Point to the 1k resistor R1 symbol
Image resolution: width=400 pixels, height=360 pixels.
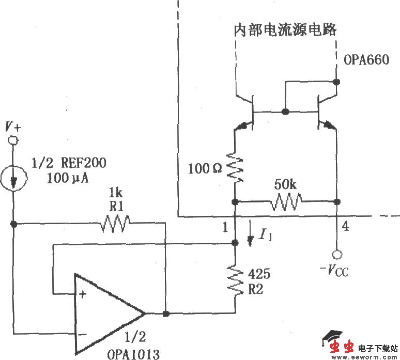pyautogui.click(x=116, y=224)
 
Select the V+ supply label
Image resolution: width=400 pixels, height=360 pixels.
pyautogui.click(x=13, y=126)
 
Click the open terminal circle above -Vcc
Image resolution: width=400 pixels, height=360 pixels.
pyautogui.click(x=337, y=254)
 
